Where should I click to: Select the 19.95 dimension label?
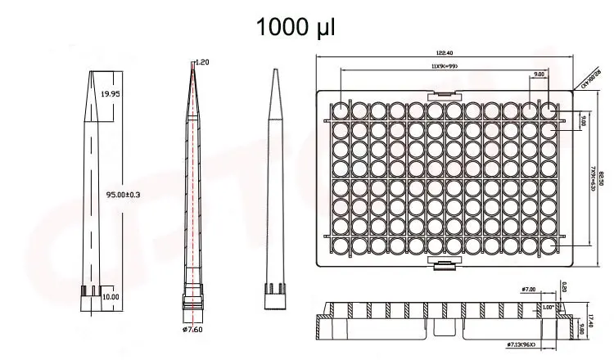pos(111,95)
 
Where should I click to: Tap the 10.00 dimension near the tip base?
pos(111,296)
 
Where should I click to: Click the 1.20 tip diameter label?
pos(202,62)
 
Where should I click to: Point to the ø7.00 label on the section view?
pos(528,289)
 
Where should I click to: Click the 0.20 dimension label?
pos(563,287)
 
